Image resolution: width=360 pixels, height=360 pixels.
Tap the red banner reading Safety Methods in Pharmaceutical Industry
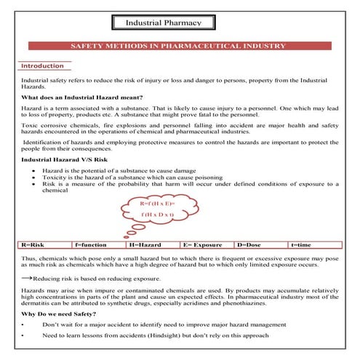[x=180, y=45]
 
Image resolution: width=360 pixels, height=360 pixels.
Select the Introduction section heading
[x=42, y=65]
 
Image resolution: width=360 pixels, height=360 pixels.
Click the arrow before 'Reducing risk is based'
[x=26, y=278]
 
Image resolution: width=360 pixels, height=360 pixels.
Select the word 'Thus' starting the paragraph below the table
[x=28, y=258]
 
